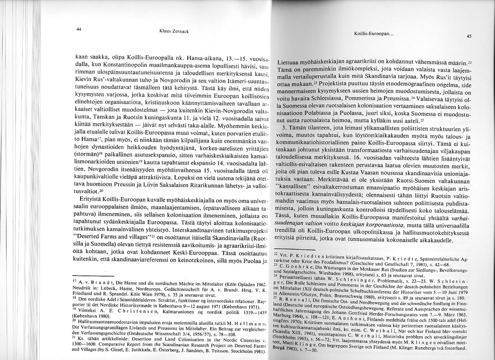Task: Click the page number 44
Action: pos(79,29)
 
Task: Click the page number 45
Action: pos(468,37)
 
